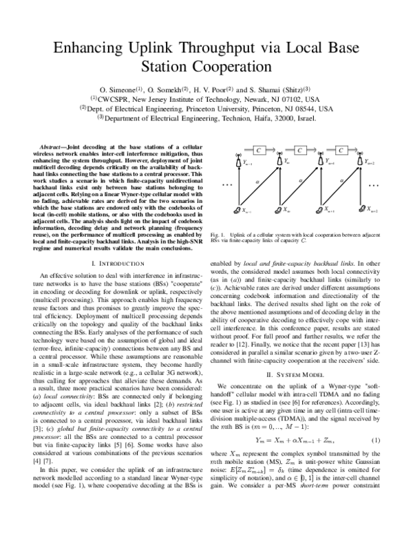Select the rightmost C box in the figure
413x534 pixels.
pos(340,150)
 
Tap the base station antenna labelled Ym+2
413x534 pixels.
pos(359,161)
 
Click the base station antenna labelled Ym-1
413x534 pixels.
pos(239,162)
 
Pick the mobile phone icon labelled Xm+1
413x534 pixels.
pos(319,209)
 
